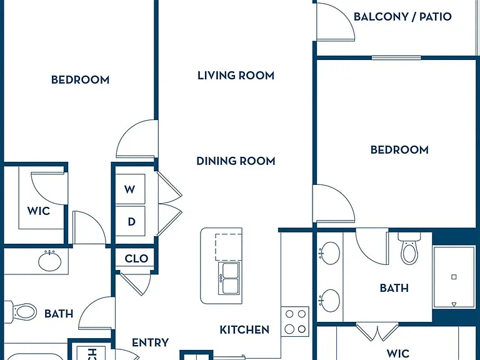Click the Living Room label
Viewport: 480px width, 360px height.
[x=236, y=75]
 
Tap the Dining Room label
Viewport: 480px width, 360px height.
[x=236, y=161]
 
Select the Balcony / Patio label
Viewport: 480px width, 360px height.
[x=402, y=16]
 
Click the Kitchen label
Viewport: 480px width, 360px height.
[x=244, y=330]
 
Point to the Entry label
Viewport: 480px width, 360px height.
[x=150, y=342]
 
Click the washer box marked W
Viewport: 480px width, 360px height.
[x=130, y=189]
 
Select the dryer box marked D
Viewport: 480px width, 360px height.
[x=130, y=221]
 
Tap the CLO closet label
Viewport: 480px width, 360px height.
[x=136, y=259]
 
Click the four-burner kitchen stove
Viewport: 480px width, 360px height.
[x=295, y=321]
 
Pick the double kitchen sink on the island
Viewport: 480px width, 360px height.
[x=230, y=279]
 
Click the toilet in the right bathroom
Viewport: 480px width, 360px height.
[x=409, y=248]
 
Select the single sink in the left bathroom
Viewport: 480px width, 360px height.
[x=49, y=261]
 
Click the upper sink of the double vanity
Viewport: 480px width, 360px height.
[x=329, y=253]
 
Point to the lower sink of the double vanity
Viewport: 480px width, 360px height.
[x=329, y=301]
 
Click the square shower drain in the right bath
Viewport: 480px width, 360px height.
[x=454, y=277]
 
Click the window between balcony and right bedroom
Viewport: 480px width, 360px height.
[x=396, y=57]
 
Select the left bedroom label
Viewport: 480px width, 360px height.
[x=80, y=80]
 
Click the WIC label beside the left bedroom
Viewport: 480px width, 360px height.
[x=39, y=211]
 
